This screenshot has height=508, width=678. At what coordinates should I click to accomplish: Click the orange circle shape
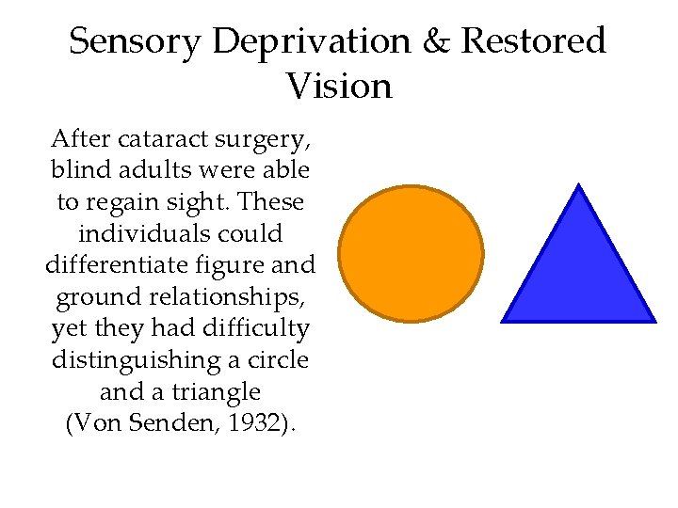pyautogui.click(x=411, y=253)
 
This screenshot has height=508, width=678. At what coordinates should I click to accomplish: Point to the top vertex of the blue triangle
pyautogui.click(x=579, y=185)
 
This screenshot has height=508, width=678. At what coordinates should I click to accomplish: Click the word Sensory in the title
pyautogui.click(x=135, y=41)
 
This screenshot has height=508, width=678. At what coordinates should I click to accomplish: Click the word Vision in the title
pyautogui.click(x=339, y=86)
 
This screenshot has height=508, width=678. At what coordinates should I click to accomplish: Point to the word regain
pyautogui.click(x=124, y=201)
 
